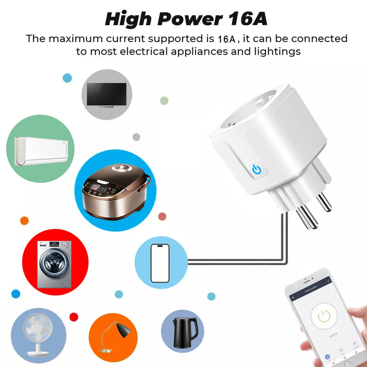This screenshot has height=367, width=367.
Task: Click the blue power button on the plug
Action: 257,168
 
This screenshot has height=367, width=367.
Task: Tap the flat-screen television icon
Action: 107,95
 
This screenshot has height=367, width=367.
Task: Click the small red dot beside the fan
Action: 74,317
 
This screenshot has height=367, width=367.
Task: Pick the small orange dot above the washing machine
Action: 24,221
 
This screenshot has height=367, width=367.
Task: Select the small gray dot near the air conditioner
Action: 136,137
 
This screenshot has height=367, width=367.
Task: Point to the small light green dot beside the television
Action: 164,101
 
